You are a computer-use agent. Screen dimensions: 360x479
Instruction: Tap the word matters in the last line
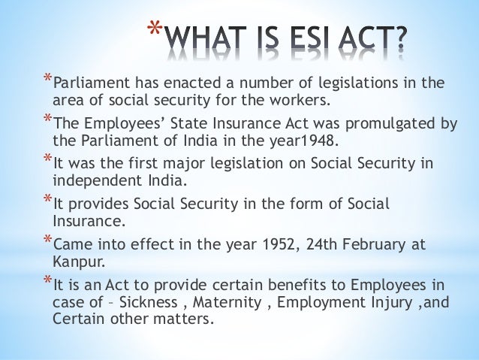point(187,319)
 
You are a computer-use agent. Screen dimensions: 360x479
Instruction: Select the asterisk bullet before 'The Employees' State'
point(48,121)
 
